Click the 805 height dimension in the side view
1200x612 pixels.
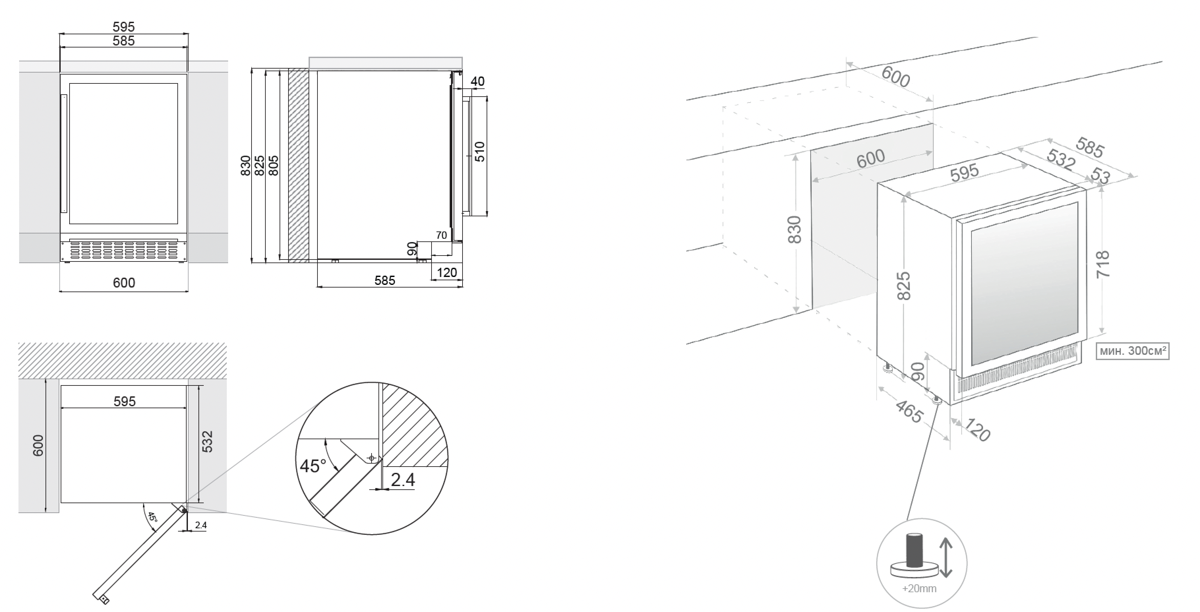pyautogui.click(x=274, y=166)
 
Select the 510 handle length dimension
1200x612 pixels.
pyautogui.click(x=480, y=151)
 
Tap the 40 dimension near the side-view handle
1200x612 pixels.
pyautogui.click(x=477, y=81)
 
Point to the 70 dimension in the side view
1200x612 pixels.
pyautogui.click(x=441, y=235)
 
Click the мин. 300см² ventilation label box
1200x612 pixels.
pyautogui.click(x=1132, y=351)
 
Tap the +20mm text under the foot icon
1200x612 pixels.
pyautogui.click(x=919, y=588)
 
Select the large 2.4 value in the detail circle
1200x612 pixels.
pyautogui.click(x=403, y=480)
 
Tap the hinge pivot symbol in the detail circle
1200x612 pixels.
pyautogui.click(x=371, y=458)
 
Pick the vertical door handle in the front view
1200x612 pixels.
pyautogui.click(x=64, y=153)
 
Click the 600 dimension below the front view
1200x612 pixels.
pyautogui.click(x=124, y=283)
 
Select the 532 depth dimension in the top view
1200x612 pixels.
pyautogui.click(x=207, y=442)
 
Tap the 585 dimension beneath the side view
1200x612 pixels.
pyautogui.click(x=385, y=280)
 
